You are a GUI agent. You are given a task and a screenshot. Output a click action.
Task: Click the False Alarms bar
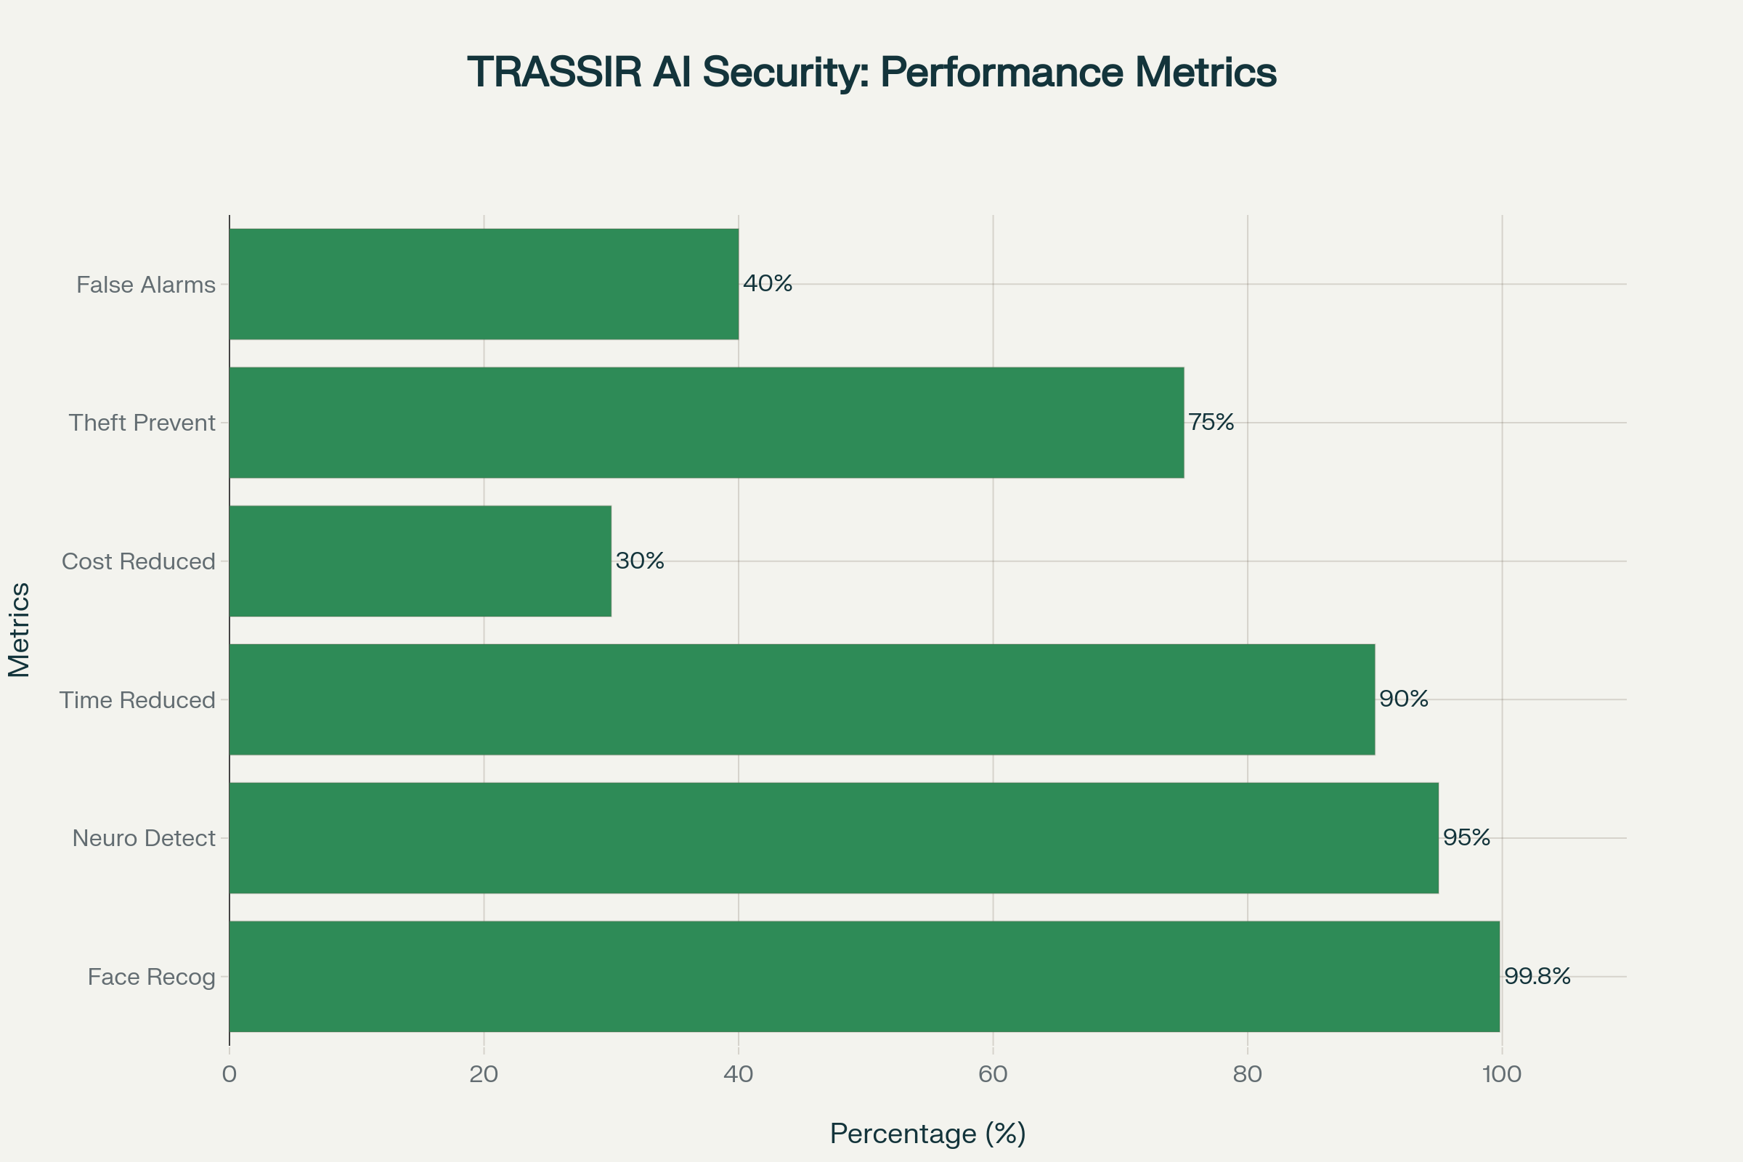tap(484, 284)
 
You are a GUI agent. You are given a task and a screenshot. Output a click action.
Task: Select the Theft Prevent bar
tap(706, 423)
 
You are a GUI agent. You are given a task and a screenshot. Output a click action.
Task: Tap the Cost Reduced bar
tap(420, 561)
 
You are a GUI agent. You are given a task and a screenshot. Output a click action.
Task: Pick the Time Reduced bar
tap(802, 699)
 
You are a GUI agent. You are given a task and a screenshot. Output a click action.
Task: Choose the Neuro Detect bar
tap(834, 838)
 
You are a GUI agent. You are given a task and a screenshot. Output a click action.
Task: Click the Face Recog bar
tap(864, 977)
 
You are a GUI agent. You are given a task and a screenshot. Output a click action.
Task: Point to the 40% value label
tap(768, 283)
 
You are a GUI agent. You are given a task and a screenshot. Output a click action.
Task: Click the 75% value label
tap(1211, 423)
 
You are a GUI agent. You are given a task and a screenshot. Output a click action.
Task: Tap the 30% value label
tap(640, 561)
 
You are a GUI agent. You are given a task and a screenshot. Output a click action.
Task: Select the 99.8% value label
tap(1537, 976)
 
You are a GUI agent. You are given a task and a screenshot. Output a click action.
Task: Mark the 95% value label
tap(1466, 837)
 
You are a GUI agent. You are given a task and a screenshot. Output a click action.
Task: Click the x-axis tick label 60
tap(993, 1075)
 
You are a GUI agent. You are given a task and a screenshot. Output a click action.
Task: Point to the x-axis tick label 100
tap(1501, 1075)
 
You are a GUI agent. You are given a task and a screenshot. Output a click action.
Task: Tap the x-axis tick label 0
tap(229, 1075)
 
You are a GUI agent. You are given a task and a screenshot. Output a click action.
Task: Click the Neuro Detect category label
tap(144, 838)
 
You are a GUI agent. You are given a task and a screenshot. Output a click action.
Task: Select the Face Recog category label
tap(151, 977)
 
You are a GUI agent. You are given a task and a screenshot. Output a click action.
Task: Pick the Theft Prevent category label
tap(142, 423)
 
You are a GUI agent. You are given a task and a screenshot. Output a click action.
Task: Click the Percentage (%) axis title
tap(928, 1134)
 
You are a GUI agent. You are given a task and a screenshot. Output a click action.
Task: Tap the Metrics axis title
tap(20, 630)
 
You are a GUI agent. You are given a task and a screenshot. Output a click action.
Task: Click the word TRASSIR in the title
tap(554, 73)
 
